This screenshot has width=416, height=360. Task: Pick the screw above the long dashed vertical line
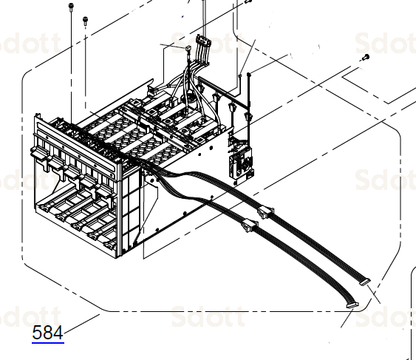(85, 20)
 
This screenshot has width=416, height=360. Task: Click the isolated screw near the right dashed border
(364, 58)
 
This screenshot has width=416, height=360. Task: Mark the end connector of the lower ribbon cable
(349, 305)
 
